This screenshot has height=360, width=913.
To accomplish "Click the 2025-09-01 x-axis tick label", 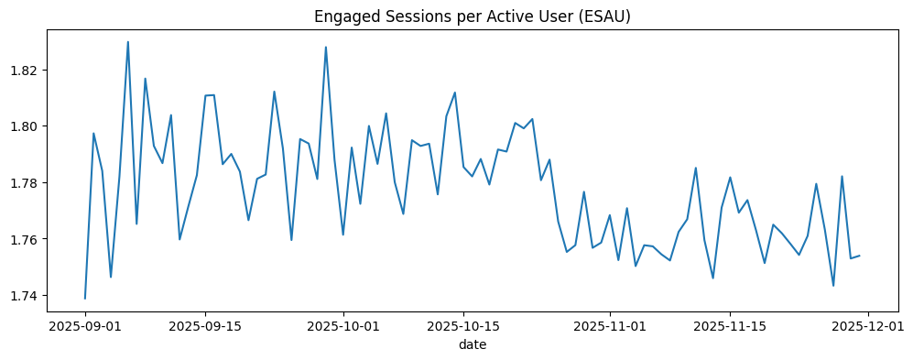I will point(85,324).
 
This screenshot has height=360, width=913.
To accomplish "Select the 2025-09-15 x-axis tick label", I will point(205,324).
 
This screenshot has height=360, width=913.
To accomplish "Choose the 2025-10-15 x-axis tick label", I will point(463,324).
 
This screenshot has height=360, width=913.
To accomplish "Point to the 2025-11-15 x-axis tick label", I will point(730,324).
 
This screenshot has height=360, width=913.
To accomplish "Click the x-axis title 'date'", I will point(473,344).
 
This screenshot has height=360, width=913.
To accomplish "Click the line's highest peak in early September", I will point(128,41).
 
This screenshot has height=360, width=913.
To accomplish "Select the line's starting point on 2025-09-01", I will point(85,298).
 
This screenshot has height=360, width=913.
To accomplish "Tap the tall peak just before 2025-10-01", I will point(326,47).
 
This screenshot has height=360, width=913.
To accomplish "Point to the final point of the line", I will point(859,256).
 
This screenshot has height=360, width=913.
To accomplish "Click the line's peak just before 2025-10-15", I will point(455,92).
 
